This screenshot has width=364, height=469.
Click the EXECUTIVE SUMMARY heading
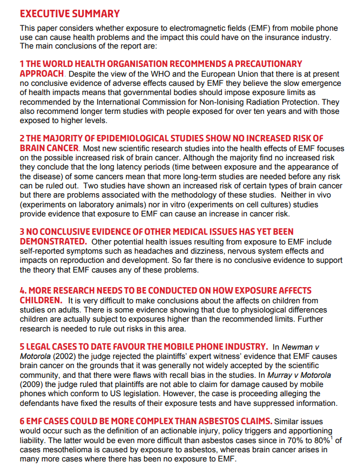click(70, 13)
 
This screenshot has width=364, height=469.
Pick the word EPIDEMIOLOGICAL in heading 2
click(126, 139)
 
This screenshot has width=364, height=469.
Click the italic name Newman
click(296, 346)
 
